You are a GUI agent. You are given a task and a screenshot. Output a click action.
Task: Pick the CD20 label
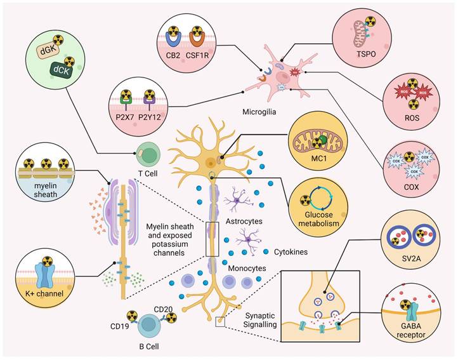[164, 309]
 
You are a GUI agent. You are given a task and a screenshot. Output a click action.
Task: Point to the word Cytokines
[291, 252]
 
